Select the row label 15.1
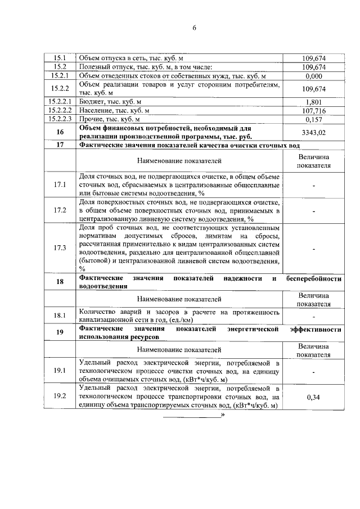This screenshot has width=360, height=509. click(x=60, y=58)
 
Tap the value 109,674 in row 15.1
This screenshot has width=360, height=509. click(x=313, y=58)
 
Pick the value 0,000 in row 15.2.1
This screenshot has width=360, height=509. click(x=313, y=75)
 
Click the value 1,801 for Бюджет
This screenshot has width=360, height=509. click(x=313, y=102)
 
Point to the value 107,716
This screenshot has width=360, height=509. click(x=313, y=111)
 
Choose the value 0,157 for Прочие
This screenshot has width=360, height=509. click(x=313, y=120)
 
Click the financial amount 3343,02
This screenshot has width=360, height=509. click(x=313, y=133)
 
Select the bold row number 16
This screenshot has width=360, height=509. click(x=60, y=133)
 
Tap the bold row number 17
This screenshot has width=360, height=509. click(x=60, y=146)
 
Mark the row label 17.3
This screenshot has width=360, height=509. click(x=60, y=249)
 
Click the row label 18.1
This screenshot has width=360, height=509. click(x=60, y=316)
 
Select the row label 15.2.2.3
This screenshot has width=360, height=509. click(x=60, y=120)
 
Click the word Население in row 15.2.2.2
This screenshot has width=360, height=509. click(x=97, y=111)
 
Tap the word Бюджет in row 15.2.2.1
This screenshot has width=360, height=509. click(x=93, y=102)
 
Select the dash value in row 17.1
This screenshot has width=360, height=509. click(x=313, y=184)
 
